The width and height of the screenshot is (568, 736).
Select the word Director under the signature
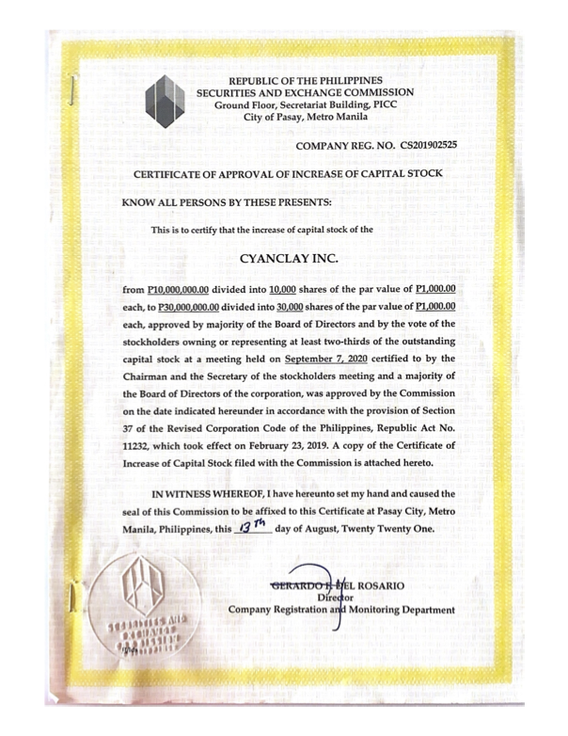point(340,597)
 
